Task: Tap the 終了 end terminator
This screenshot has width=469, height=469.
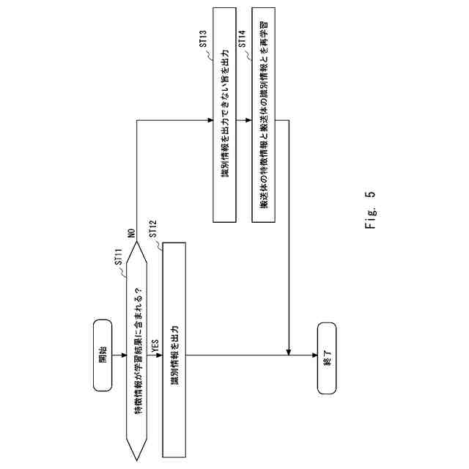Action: [327, 358]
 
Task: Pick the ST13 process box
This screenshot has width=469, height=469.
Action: [224, 115]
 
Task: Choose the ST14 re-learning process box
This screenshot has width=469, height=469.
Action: [264, 115]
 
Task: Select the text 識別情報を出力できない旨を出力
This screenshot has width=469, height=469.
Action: [224, 115]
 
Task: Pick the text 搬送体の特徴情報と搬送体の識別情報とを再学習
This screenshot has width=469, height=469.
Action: [264, 115]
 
